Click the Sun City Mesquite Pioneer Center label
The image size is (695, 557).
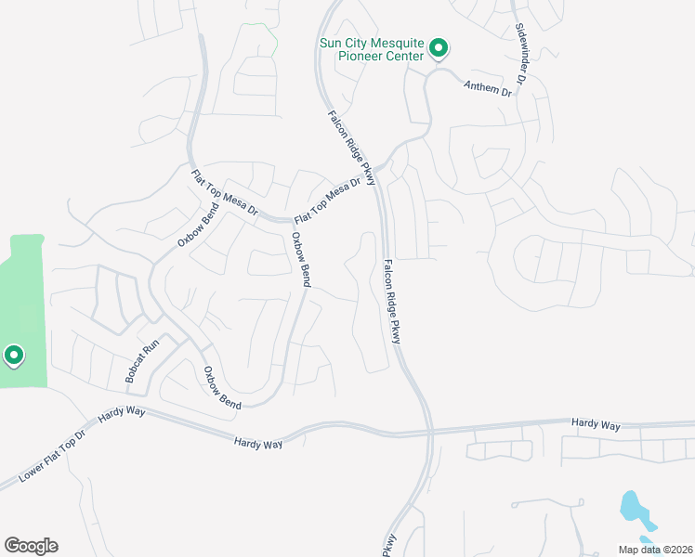click(x=371, y=49)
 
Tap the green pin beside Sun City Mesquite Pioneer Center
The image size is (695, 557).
click(x=441, y=48)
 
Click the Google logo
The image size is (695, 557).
click(x=31, y=545)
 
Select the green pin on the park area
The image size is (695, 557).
click(x=13, y=355)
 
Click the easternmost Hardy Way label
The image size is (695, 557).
click(x=596, y=424)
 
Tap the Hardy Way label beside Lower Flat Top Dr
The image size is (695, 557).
click(x=118, y=412)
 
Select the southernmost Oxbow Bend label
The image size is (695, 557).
click(x=222, y=388)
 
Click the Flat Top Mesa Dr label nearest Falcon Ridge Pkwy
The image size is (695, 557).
click(x=326, y=201)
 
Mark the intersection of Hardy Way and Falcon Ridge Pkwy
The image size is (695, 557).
click(x=430, y=432)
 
